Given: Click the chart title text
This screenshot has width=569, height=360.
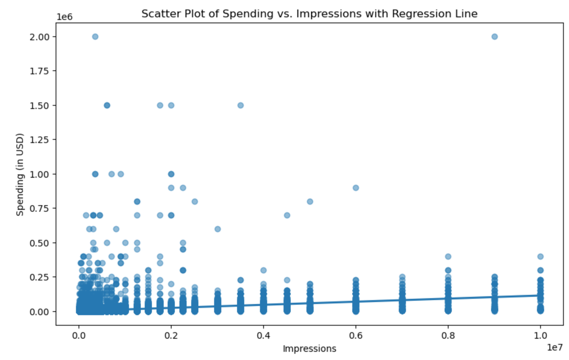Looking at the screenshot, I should coord(309,14).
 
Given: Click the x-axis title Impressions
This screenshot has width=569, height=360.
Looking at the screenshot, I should coord(309,349).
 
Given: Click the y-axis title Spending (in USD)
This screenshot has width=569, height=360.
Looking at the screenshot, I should coord(20,174).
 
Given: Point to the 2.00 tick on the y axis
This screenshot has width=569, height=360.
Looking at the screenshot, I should coord(40,37).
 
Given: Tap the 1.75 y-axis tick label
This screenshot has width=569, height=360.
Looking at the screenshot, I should coord(40,71).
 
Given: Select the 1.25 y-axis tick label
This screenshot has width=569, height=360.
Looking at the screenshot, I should coord(40,140).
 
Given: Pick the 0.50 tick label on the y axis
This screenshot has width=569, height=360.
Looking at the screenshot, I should coord(40,243).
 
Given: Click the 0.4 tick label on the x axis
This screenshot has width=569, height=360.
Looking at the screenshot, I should coord(263,336).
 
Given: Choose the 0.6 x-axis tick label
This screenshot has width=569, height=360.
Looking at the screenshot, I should coord(356,336).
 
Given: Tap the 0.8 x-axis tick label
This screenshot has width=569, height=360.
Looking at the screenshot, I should coord(448,336).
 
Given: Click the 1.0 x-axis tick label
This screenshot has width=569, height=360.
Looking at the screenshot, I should coord(540,336).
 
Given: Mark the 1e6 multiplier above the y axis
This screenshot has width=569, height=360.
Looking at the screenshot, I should coord(64,17).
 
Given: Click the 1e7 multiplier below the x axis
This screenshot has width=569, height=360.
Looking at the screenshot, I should coord(554,347).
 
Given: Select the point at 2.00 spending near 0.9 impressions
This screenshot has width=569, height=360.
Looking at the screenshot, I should coord(494,37).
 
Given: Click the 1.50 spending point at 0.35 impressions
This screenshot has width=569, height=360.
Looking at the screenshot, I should coord(241,105).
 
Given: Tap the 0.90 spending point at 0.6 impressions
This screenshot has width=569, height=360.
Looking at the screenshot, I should coord(356,188).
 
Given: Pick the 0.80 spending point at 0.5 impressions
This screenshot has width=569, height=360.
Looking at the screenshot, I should coord(310,202).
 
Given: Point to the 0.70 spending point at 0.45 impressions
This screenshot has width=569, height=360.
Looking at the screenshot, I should coord(287,216).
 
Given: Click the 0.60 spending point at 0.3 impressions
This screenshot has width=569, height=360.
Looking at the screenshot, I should coord(218,229).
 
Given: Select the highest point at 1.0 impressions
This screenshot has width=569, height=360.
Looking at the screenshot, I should coord(540,257).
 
